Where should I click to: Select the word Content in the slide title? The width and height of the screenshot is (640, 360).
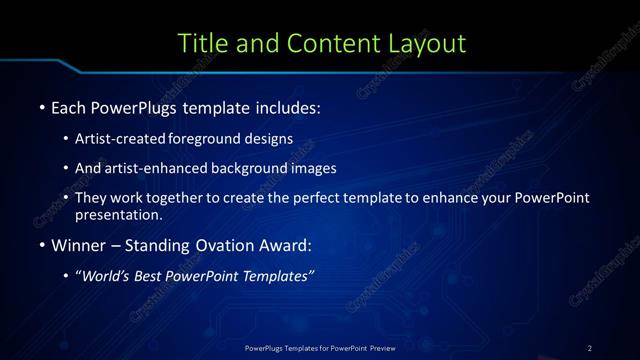pos(329,43)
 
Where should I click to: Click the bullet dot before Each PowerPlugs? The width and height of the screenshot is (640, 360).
pos(40,107)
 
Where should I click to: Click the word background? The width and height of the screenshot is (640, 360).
pos(255,168)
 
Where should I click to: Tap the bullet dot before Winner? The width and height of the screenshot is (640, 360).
pos(40,245)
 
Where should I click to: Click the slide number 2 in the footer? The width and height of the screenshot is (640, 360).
pos(590,347)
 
